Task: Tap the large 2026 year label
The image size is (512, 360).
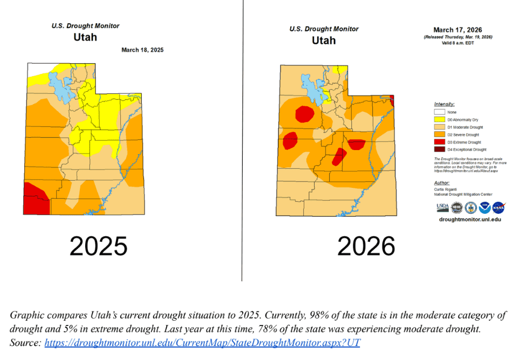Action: click(366, 246)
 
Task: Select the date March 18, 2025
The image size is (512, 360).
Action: click(142, 50)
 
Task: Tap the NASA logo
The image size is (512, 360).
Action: click(499, 207)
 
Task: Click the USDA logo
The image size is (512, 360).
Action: click(442, 207)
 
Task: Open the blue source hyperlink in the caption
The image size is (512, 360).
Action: click(202, 343)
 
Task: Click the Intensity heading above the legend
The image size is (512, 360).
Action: click(444, 104)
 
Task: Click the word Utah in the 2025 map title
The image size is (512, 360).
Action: click(85, 38)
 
